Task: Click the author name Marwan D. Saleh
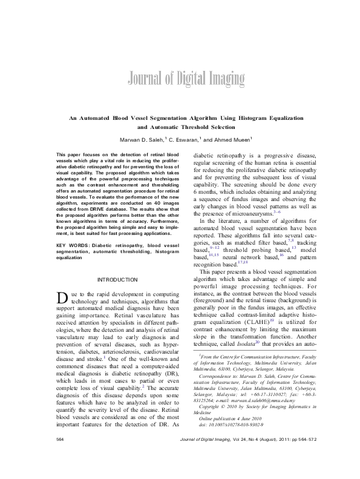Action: point(144,139)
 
